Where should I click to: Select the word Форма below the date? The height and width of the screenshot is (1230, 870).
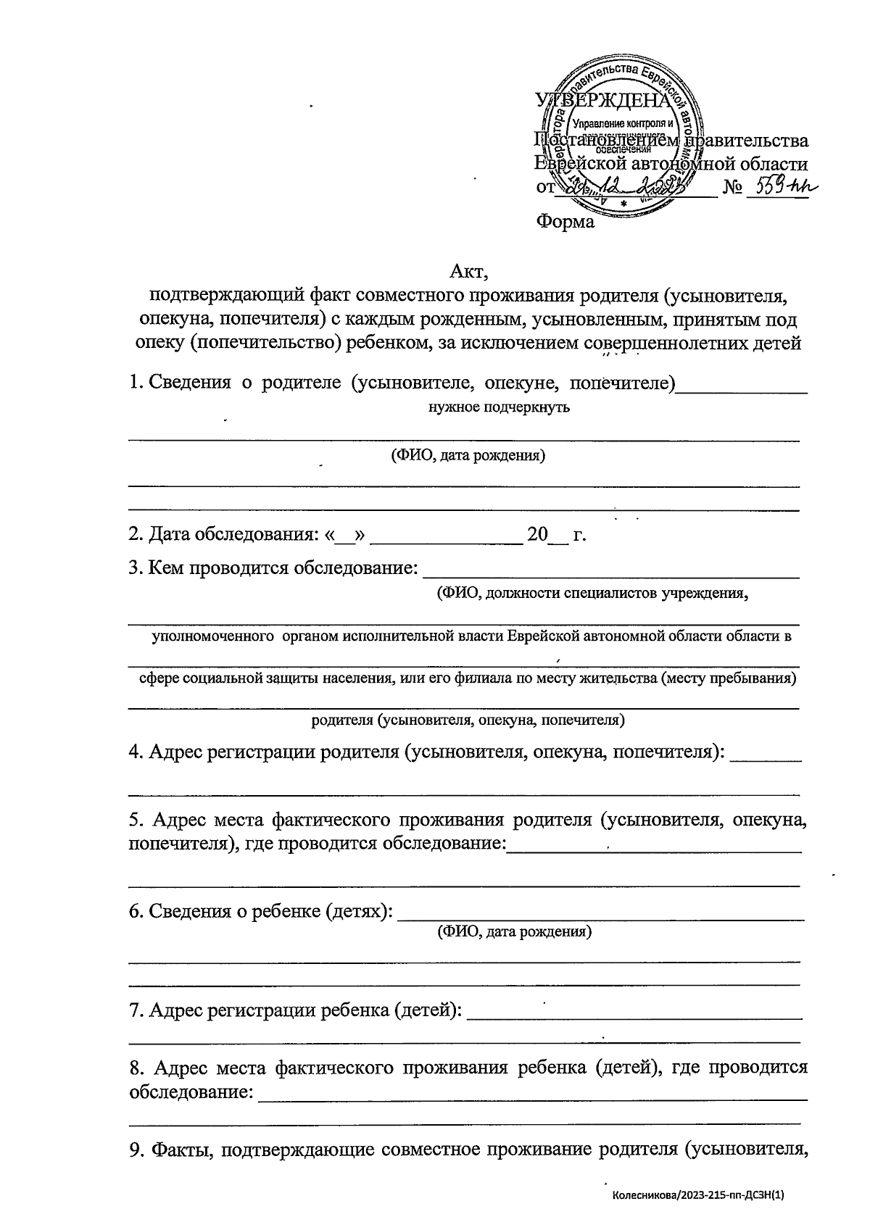pos(565,222)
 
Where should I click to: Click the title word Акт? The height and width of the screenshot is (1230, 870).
pos(470,273)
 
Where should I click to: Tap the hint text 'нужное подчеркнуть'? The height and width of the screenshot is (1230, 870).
pos(499,407)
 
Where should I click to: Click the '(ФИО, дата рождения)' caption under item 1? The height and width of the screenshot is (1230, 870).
pos(468,456)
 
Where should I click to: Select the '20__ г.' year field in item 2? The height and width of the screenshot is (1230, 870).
pos(556,535)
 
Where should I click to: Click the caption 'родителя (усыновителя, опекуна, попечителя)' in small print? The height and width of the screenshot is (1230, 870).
pos(468,720)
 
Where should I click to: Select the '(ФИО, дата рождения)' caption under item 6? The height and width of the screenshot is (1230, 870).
pos(513,932)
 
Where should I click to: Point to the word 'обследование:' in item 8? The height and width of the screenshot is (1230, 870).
pos(191,1092)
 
